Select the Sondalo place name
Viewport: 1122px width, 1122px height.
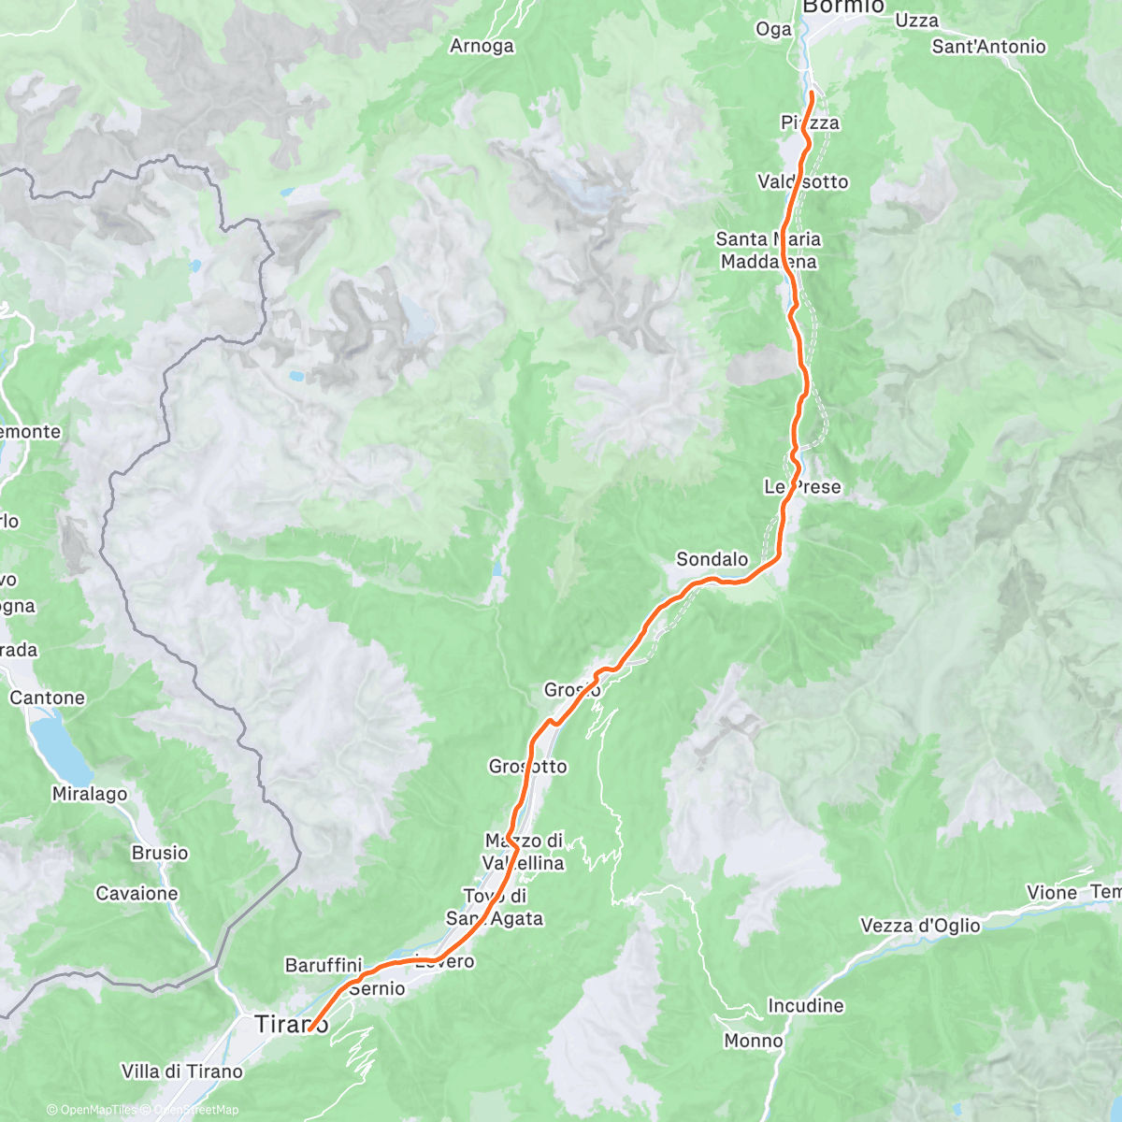point(712,559)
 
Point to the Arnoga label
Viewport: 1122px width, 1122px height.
point(482,46)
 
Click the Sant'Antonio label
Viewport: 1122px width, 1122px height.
point(988,47)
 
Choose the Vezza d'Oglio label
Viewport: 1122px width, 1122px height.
point(920,926)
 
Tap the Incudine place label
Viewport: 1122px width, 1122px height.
point(805,1006)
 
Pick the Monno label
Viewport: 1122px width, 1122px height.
point(754,1041)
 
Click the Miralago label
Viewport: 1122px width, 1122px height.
point(90,794)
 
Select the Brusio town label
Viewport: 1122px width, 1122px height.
point(159,853)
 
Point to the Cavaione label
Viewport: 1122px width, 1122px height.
point(137,894)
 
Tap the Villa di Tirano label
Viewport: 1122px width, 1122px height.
point(181,1072)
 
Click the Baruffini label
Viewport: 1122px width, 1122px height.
point(324,964)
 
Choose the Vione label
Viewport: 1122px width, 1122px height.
point(1052,893)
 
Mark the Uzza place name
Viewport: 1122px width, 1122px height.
point(916,21)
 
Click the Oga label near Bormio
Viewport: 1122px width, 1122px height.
point(773,30)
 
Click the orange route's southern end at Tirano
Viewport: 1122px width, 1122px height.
point(309,1029)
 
